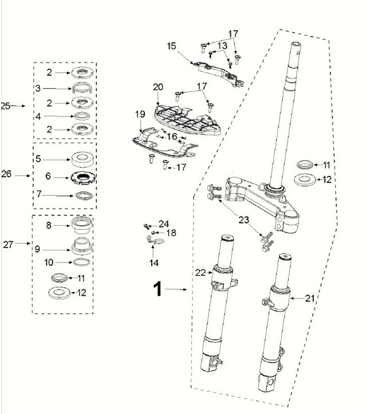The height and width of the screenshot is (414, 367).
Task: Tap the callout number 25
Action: pos(6,106)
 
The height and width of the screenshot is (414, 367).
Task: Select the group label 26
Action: pos(6,176)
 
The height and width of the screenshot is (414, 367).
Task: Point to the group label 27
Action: pos(7,244)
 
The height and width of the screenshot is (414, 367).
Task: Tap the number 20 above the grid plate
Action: pos(158,87)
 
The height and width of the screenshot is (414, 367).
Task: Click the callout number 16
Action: pos(172,136)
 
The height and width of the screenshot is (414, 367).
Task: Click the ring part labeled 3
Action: pos(81,89)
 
